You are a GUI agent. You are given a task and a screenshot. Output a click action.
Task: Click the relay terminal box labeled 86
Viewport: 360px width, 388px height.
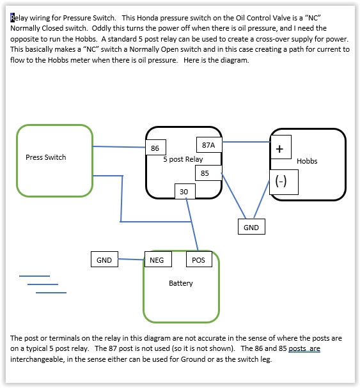click(155, 148)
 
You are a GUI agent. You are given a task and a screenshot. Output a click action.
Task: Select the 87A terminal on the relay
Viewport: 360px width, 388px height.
click(209, 144)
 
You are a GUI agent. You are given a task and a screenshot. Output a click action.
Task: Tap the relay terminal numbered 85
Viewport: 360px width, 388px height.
click(208, 173)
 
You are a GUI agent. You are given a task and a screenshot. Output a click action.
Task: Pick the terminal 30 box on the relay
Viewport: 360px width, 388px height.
click(185, 191)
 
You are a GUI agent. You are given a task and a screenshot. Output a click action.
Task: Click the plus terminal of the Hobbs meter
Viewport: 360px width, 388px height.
click(281, 147)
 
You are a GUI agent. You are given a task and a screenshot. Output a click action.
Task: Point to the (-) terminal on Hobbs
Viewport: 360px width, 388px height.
click(284, 182)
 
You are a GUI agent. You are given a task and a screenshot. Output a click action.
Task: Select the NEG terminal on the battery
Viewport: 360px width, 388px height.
click(158, 260)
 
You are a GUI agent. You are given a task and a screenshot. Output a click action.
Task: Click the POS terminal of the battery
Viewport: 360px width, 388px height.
click(199, 260)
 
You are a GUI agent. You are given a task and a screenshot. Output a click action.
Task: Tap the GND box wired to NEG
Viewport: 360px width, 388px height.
click(104, 260)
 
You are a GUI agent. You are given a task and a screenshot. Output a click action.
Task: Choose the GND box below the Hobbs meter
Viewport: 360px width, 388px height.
click(251, 227)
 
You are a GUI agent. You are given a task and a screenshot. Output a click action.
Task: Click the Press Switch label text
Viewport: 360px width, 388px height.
click(46, 157)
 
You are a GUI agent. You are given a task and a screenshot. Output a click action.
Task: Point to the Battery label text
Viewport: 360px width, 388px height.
click(181, 283)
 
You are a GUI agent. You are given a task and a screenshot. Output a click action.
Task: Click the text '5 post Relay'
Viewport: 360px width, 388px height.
click(183, 159)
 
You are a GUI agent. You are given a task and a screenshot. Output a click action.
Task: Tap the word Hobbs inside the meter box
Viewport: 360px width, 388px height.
click(307, 161)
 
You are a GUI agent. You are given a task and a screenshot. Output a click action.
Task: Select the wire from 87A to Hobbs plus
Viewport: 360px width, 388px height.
click(246, 142)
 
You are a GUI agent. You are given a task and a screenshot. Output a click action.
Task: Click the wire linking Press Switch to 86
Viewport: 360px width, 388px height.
click(119, 147)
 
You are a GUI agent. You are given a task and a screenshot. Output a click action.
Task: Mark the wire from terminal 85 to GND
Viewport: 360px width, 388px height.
click(234, 196)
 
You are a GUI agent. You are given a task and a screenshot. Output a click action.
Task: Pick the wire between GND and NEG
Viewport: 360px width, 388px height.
click(131, 260)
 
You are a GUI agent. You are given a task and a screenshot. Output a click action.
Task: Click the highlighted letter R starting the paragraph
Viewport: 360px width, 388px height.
click(12, 18)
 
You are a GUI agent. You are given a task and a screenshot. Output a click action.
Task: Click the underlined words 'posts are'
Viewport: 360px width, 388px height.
click(304, 348)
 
